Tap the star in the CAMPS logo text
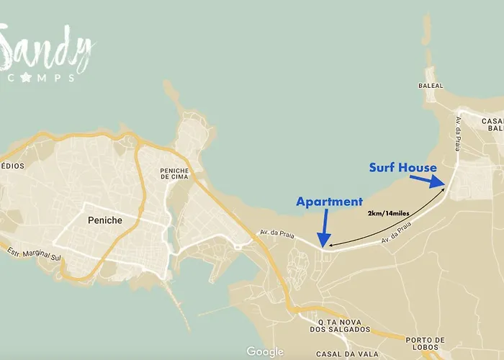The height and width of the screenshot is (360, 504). [x=26, y=77]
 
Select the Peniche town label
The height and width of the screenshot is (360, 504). [x=104, y=220]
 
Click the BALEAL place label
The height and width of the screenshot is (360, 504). [x=431, y=85]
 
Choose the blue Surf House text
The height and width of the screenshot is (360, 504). [x=402, y=168]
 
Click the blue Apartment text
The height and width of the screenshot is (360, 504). [x=329, y=202]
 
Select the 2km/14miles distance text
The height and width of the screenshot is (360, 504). [x=388, y=214]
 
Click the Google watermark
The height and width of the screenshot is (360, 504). [x=264, y=351]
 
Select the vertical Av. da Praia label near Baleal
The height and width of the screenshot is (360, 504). [x=456, y=134]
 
